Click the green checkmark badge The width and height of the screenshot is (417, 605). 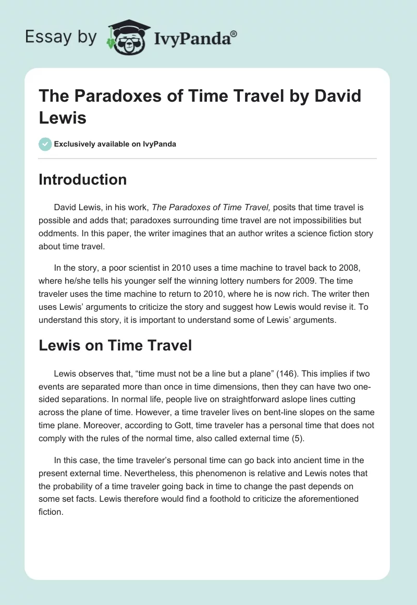46,144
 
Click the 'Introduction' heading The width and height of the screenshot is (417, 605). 83,179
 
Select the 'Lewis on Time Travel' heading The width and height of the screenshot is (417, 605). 116,345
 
